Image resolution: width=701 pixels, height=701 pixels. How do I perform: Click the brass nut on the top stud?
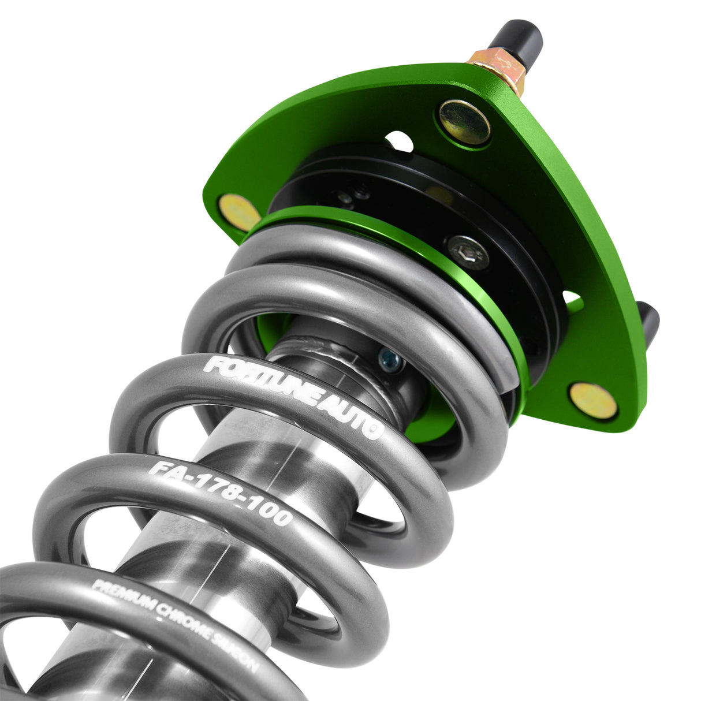498,66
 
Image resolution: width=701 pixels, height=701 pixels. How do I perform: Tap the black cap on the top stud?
517,37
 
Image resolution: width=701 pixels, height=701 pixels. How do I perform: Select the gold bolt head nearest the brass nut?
464,121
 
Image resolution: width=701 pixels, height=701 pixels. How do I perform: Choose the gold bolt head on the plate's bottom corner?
592,400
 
